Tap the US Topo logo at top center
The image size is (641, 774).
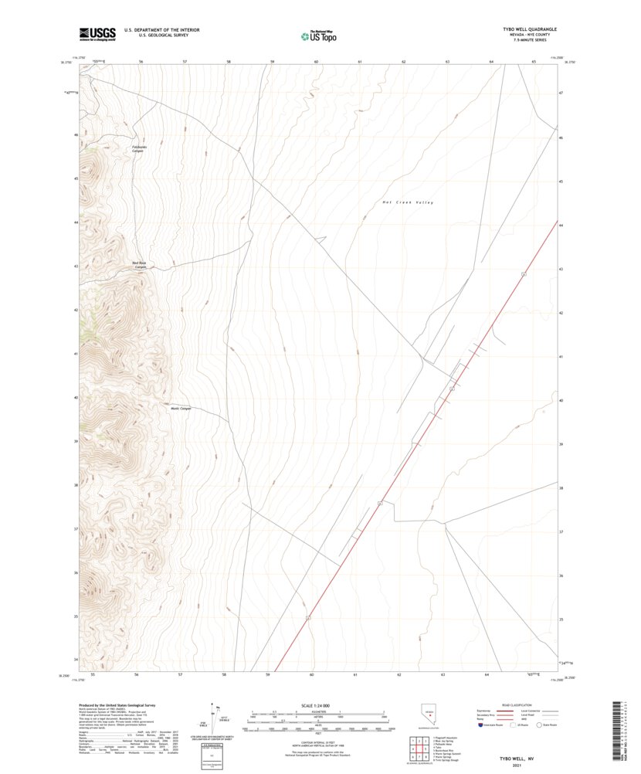pos(318,35)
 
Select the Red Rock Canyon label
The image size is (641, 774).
pos(140,265)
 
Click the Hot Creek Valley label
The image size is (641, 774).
pos(408,202)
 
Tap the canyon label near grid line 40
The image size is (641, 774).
pos(180,409)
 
